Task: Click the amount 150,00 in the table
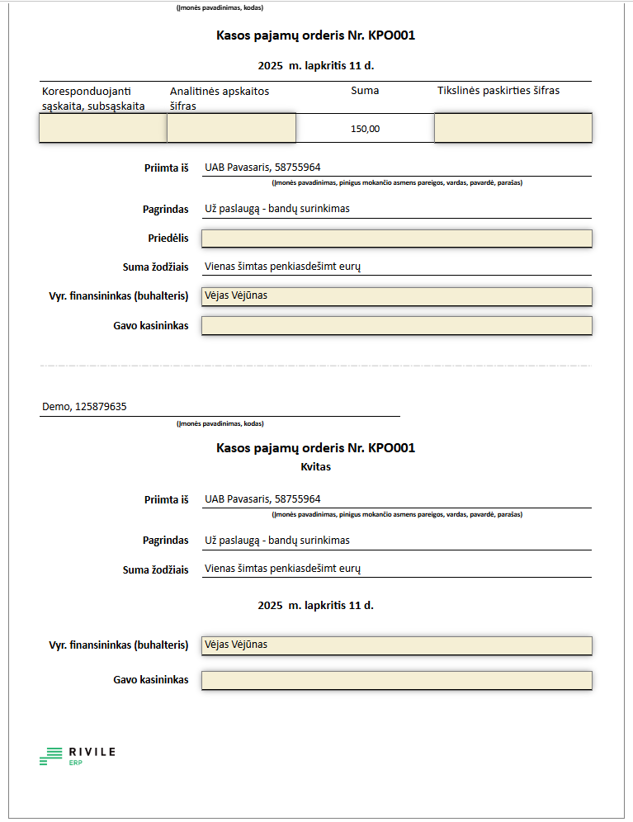pyautogui.click(x=365, y=129)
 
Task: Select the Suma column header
pyautogui.click(x=365, y=90)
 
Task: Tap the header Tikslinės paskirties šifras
pyautogui.click(x=498, y=90)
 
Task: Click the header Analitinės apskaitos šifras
pyautogui.click(x=220, y=98)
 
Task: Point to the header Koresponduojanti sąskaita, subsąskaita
pyautogui.click(x=93, y=98)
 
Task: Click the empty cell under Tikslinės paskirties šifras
pyautogui.click(x=513, y=128)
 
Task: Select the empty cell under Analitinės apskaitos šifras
pyautogui.click(x=231, y=128)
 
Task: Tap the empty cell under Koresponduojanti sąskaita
pyautogui.click(x=103, y=128)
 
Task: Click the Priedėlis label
pyautogui.click(x=168, y=239)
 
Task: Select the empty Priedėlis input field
pyautogui.click(x=396, y=239)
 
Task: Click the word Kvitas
pyautogui.click(x=315, y=467)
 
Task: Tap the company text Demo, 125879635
pyautogui.click(x=84, y=407)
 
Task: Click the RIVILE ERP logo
pyautogui.click(x=78, y=755)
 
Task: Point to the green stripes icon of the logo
pyautogui.click(x=51, y=755)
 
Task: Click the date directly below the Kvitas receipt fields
pyautogui.click(x=315, y=605)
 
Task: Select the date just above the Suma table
pyautogui.click(x=315, y=65)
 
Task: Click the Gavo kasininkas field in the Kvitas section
pyautogui.click(x=396, y=680)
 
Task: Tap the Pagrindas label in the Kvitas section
pyautogui.click(x=165, y=541)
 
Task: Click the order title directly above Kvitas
pyautogui.click(x=315, y=448)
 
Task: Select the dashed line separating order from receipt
pyautogui.click(x=315, y=366)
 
